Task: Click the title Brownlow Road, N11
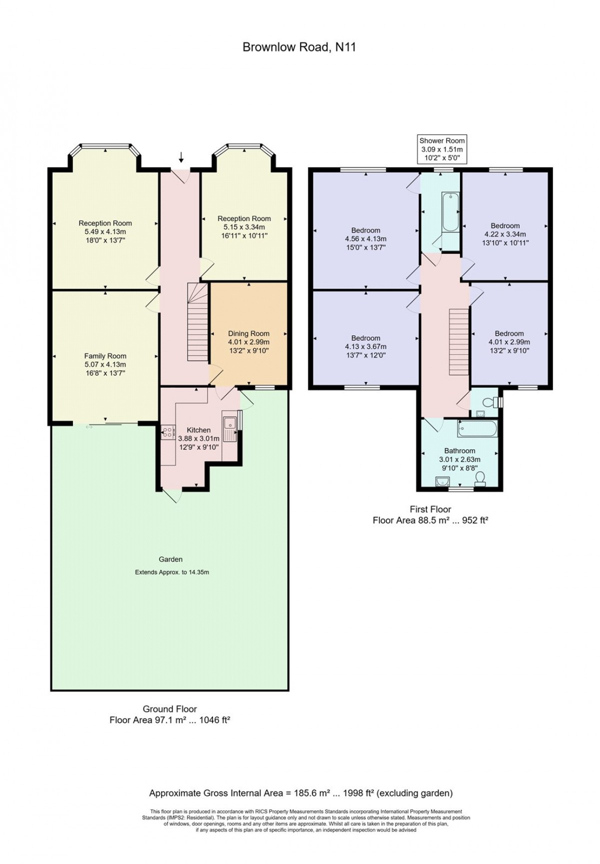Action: point(299,47)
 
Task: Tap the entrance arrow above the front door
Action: point(181,158)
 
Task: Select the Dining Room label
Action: point(248,333)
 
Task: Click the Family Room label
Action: point(105,356)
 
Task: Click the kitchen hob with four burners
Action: point(167,432)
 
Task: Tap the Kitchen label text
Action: point(198,430)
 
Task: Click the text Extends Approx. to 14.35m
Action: point(172,572)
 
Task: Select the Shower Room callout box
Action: point(442,149)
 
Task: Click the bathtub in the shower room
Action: point(450,212)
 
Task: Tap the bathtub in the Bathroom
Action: point(477,428)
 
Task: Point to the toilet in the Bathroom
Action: point(480,478)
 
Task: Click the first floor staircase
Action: point(457,342)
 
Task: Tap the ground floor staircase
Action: point(197,322)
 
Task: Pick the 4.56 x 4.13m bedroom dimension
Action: point(366,239)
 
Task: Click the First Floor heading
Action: point(430,509)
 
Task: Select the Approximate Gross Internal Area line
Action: point(301,793)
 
